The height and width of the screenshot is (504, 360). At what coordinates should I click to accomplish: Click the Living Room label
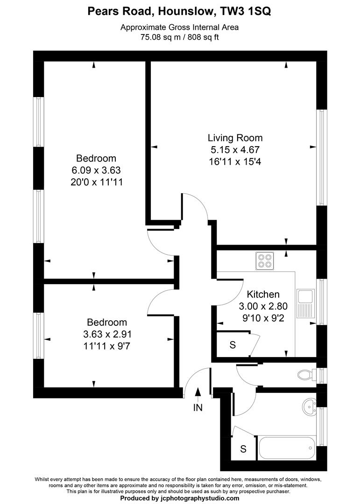click(x=235, y=138)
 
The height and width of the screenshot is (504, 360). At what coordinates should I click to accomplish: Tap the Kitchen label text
click(x=263, y=294)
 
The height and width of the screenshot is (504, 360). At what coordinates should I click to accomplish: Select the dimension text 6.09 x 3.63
click(x=96, y=170)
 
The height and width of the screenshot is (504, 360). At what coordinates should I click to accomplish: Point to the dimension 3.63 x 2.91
click(x=107, y=334)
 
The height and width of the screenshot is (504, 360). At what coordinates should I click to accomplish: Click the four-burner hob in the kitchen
click(x=265, y=260)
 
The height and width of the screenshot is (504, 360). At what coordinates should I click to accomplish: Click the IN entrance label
click(x=198, y=408)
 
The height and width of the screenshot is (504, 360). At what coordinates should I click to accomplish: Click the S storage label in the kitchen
click(x=232, y=345)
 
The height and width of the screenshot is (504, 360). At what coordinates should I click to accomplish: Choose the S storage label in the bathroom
click(x=243, y=449)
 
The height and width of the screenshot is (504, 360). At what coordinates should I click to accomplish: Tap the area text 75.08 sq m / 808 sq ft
click(x=179, y=37)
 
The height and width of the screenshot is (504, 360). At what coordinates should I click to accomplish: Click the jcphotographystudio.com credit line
click(x=179, y=498)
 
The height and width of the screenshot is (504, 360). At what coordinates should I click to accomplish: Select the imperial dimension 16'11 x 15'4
click(x=235, y=162)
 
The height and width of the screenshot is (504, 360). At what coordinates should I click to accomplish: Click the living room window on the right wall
click(x=321, y=157)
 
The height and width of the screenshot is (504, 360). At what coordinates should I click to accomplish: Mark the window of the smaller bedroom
click(x=40, y=335)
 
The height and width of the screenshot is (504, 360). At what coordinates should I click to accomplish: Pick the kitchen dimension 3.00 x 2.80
click(x=263, y=307)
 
